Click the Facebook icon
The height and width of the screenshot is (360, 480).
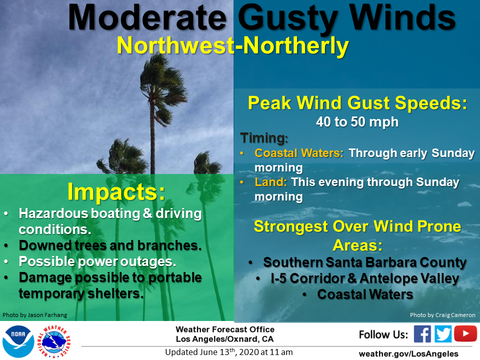click(x=422, y=333)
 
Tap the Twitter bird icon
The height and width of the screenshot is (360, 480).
click(x=443, y=333)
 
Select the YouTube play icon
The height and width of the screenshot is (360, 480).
click(x=465, y=333)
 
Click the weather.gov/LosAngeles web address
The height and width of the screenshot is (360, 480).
click(x=408, y=354)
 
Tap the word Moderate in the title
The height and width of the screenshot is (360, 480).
click(x=147, y=17)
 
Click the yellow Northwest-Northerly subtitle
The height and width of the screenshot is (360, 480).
click(x=232, y=46)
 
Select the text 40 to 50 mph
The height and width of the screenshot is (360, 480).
click(x=357, y=122)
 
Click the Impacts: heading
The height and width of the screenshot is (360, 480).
click(x=116, y=192)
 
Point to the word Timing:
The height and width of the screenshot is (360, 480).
click(x=264, y=138)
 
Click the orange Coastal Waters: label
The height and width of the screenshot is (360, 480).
click(x=299, y=153)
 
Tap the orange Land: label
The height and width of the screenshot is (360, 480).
click(x=270, y=182)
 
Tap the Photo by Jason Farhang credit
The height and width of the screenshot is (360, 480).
click(x=34, y=315)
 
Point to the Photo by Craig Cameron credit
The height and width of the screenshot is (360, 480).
click(x=442, y=315)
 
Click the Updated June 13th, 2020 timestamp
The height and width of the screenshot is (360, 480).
click(x=229, y=352)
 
